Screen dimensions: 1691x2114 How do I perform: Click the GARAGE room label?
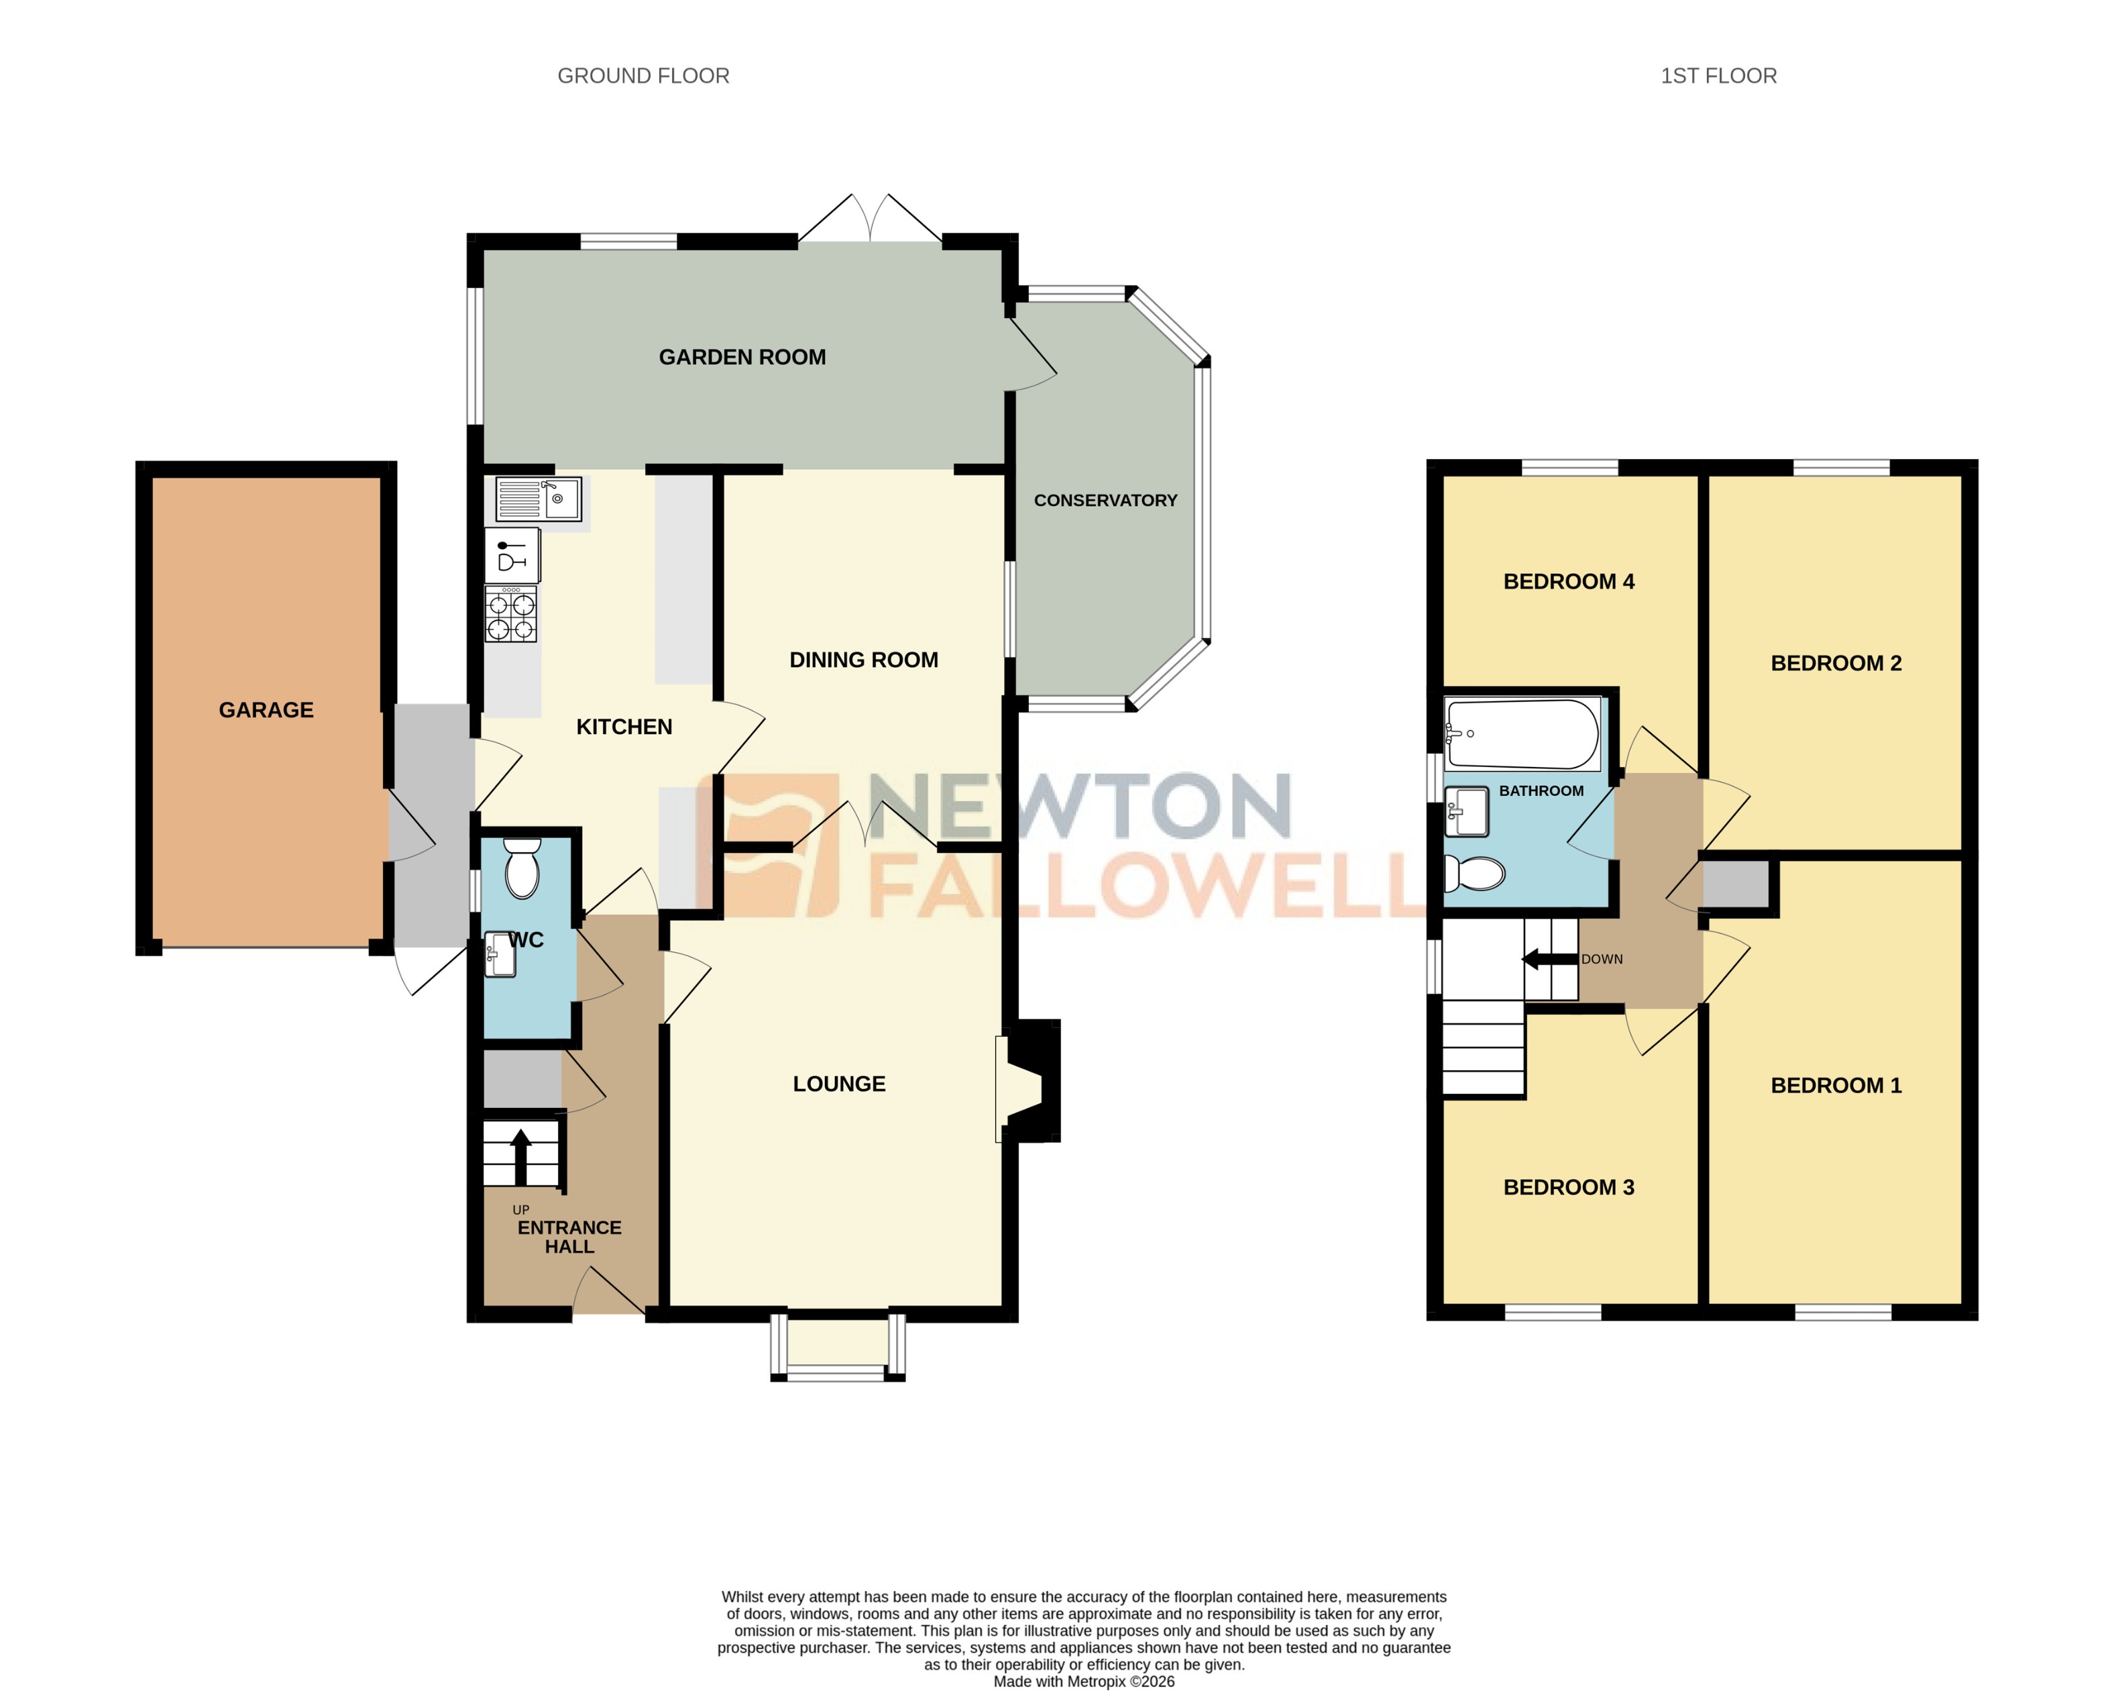pos(266,710)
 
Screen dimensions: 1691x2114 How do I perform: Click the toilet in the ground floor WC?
pos(522,867)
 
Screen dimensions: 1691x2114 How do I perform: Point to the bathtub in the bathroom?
pos(1522,733)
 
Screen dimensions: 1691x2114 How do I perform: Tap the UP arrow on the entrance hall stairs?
pos(520,1156)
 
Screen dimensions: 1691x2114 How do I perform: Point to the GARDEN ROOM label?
pos(742,357)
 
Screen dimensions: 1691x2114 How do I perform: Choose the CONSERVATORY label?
pos(1105,500)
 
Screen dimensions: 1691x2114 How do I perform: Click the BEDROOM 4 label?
pos(1568,582)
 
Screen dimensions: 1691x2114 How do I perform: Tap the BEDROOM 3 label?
pos(1568,1187)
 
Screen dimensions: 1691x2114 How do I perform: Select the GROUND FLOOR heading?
pos(643,76)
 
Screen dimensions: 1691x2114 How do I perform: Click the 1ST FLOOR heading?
pos(1718,76)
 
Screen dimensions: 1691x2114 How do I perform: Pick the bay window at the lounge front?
pos(838,1345)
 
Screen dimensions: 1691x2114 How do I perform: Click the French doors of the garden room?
pos(870,218)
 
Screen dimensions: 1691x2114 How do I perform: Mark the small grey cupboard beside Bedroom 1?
pos(1736,884)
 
